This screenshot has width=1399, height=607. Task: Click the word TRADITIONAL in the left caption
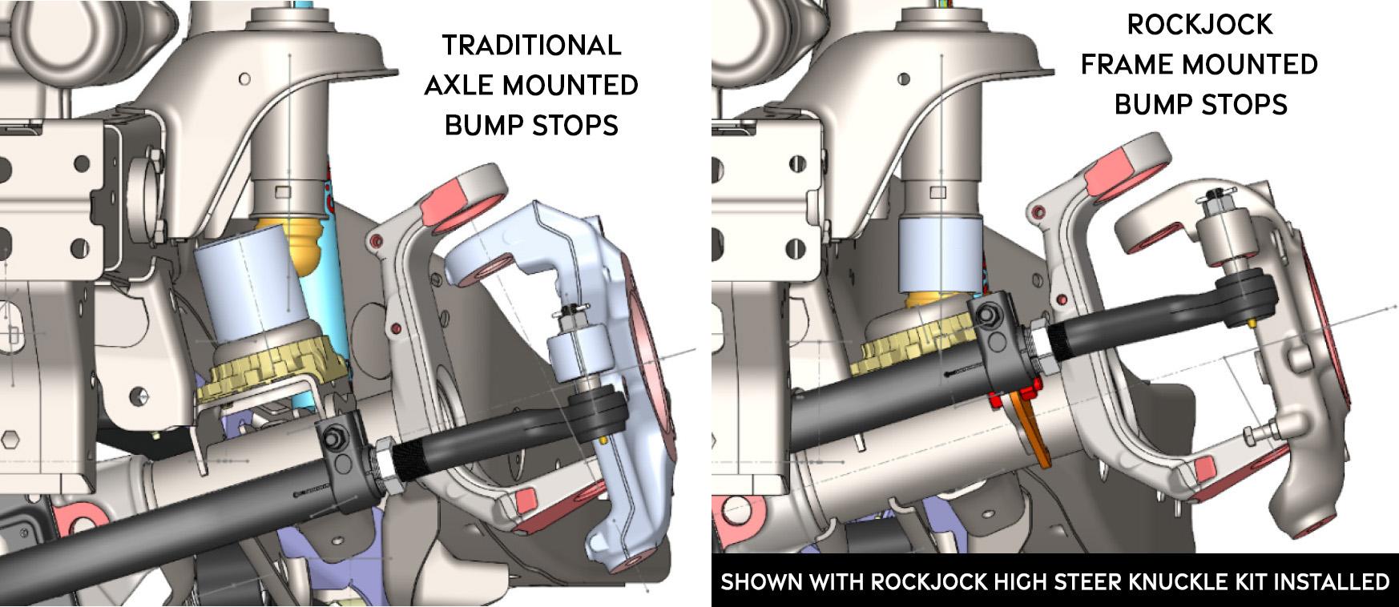pyautogui.click(x=531, y=45)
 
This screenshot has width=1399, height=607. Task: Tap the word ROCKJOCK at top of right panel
pyautogui.click(x=1199, y=25)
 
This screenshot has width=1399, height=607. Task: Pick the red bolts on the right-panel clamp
pyautogui.click(x=1012, y=396)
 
